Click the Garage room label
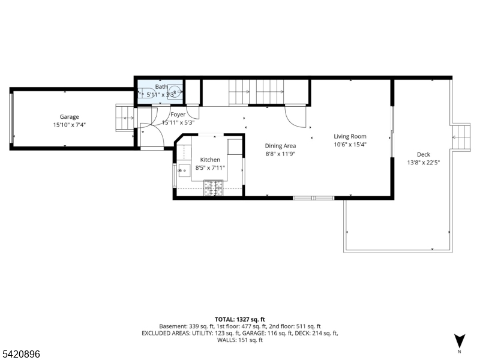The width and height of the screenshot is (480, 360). [x=69, y=117]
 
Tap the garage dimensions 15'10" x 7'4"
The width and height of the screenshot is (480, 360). [x=69, y=125]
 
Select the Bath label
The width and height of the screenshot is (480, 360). [x=161, y=87]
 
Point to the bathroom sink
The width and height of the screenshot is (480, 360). [x=175, y=93]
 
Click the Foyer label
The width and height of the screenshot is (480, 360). [x=178, y=115]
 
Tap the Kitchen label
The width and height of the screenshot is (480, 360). [x=210, y=160]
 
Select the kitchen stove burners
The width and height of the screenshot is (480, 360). [x=213, y=188]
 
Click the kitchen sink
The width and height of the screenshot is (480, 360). [x=183, y=171]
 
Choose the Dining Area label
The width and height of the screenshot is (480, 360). [x=280, y=145]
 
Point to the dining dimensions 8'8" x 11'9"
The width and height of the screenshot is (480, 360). [x=280, y=154]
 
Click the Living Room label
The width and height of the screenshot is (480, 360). [x=350, y=136]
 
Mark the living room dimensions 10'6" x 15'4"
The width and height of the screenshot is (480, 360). [x=350, y=144]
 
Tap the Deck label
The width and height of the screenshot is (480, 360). [x=424, y=154]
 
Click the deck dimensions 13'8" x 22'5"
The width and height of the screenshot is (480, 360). [x=424, y=162]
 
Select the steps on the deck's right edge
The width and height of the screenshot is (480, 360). [x=461, y=136]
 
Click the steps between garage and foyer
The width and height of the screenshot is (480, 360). [x=125, y=116]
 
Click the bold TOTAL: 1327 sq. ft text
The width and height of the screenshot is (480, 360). [x=240, y=319]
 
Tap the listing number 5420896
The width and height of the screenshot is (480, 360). [x=21, y=355]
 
